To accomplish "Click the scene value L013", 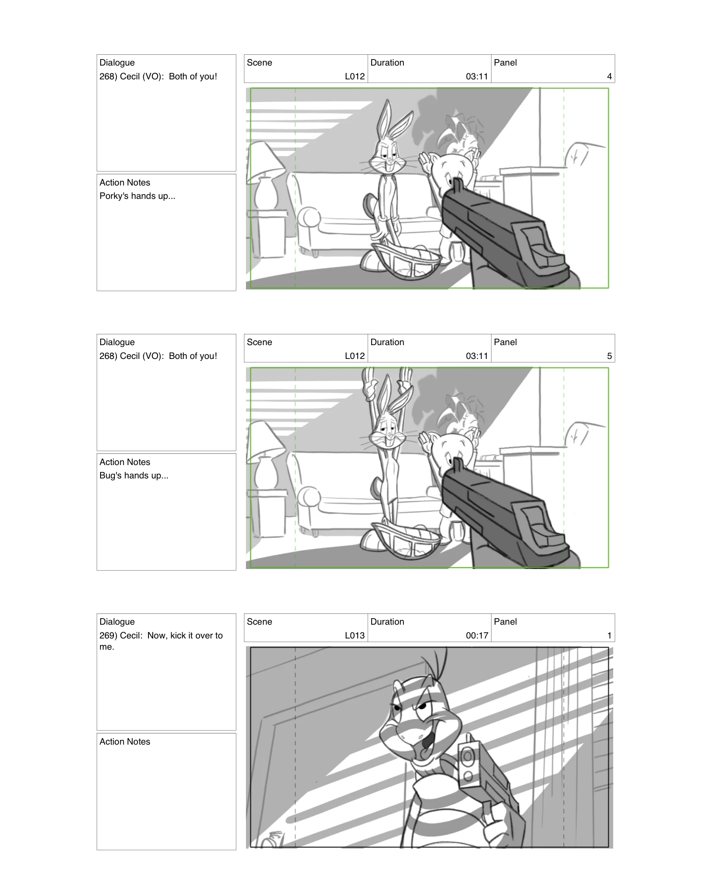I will coord(354,635).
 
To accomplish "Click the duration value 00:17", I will coord(476,635).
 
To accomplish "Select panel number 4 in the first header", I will coord(609,76).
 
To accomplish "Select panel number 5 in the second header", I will coord(609,356).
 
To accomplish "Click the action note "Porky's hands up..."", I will coord(137,196).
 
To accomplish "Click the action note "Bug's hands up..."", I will coord(134,475).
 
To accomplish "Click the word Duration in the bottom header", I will coord(387,622).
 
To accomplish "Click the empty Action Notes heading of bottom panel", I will coord(125,742).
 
